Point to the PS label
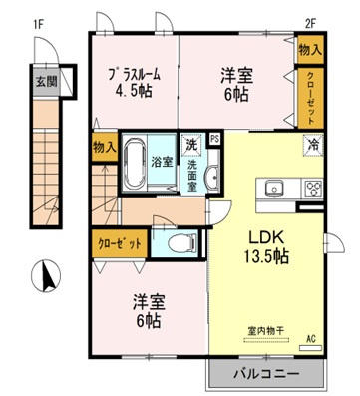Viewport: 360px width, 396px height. [214, 139]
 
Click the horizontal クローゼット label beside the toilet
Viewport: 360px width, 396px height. [121, 241]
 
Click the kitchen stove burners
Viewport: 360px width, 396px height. [313, 188]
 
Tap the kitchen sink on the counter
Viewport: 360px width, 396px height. [273, 188]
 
